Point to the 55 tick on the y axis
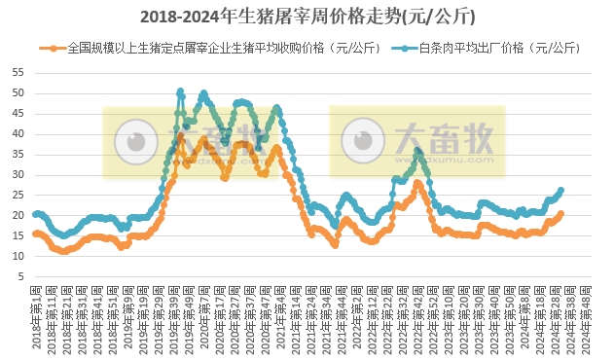[x=20, y=73]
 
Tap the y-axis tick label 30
[x=20, y=175]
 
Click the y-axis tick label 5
[x=23, y=276]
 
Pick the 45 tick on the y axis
[x=20, y=114]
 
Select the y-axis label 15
[x=20, y=235]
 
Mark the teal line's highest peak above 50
[x=180, y=91]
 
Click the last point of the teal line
[x=561, y=191]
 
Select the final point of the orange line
[x=561, y=214]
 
